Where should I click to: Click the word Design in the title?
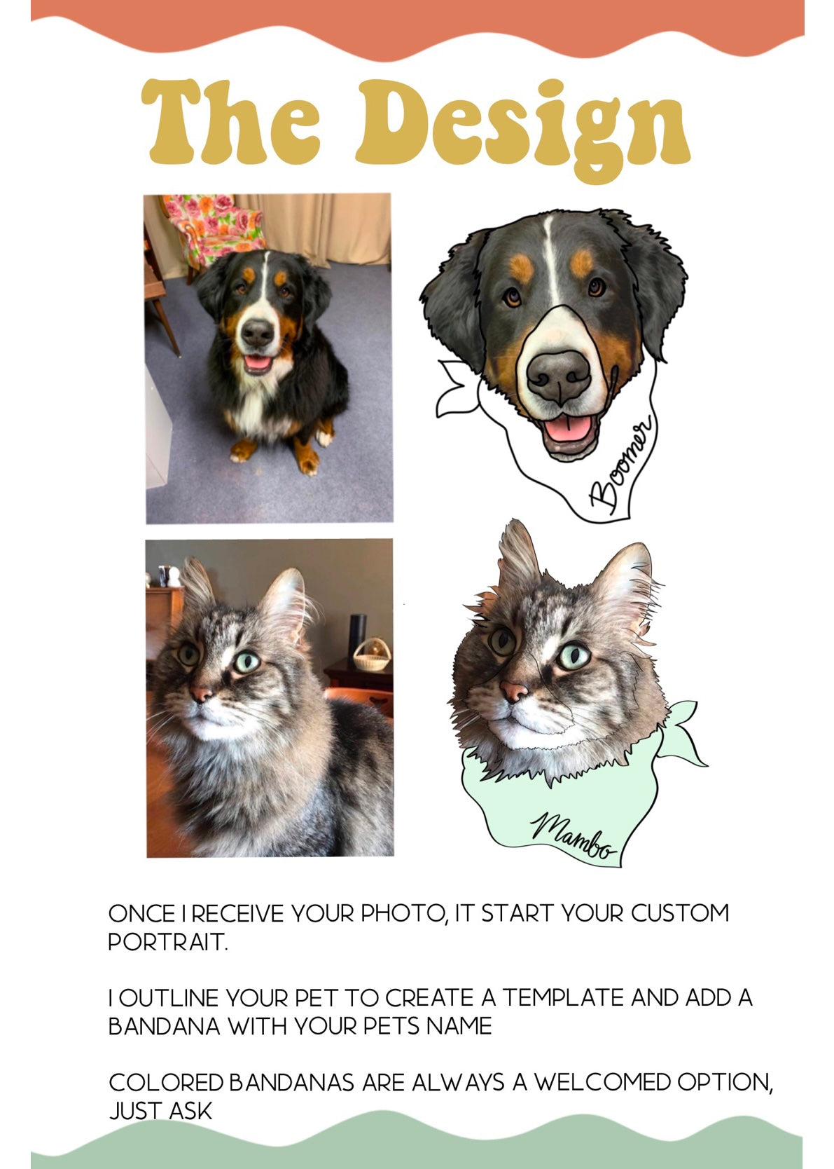tap(522, 128)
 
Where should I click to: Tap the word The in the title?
tap(230, 121)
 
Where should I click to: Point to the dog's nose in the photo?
tap(257, 332)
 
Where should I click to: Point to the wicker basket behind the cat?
tap(371, 655)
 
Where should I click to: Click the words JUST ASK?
tap(160, 1111)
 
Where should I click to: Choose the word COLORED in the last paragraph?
tap(166, 1082)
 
